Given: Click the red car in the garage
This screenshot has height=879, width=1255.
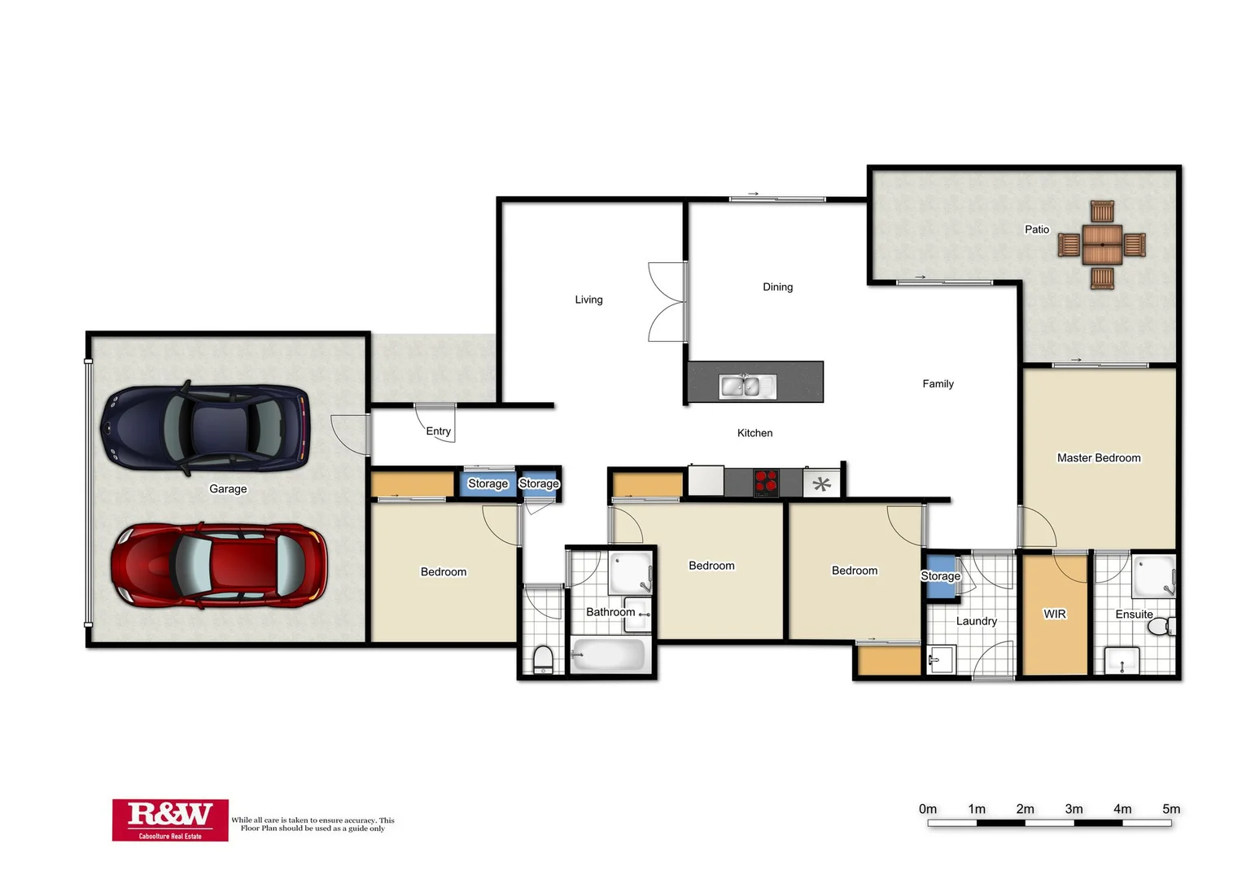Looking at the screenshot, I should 219,566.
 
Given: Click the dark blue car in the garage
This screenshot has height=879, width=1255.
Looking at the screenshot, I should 204,428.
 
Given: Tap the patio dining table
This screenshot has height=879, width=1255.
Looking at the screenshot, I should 1102,245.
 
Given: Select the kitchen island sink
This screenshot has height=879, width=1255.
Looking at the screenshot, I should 748,386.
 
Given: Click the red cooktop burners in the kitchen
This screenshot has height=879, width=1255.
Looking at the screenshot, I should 766,483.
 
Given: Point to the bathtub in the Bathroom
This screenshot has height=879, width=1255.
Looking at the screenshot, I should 608,655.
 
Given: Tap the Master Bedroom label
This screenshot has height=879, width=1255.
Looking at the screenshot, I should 1098,458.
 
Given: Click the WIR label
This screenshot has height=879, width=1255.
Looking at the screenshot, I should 1054,614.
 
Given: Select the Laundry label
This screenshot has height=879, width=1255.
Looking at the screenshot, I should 976,621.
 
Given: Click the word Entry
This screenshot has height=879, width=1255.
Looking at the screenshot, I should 438,431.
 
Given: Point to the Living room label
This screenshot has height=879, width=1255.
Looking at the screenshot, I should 588,300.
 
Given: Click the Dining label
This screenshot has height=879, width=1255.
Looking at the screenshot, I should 777,287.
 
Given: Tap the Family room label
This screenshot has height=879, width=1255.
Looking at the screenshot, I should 938,384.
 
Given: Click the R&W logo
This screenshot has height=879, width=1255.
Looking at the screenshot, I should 170,819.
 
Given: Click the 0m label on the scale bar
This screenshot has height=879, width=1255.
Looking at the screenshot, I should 928,809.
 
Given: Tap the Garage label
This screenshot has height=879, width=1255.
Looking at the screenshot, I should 228,489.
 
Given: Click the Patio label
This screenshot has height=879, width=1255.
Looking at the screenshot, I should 1036,230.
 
